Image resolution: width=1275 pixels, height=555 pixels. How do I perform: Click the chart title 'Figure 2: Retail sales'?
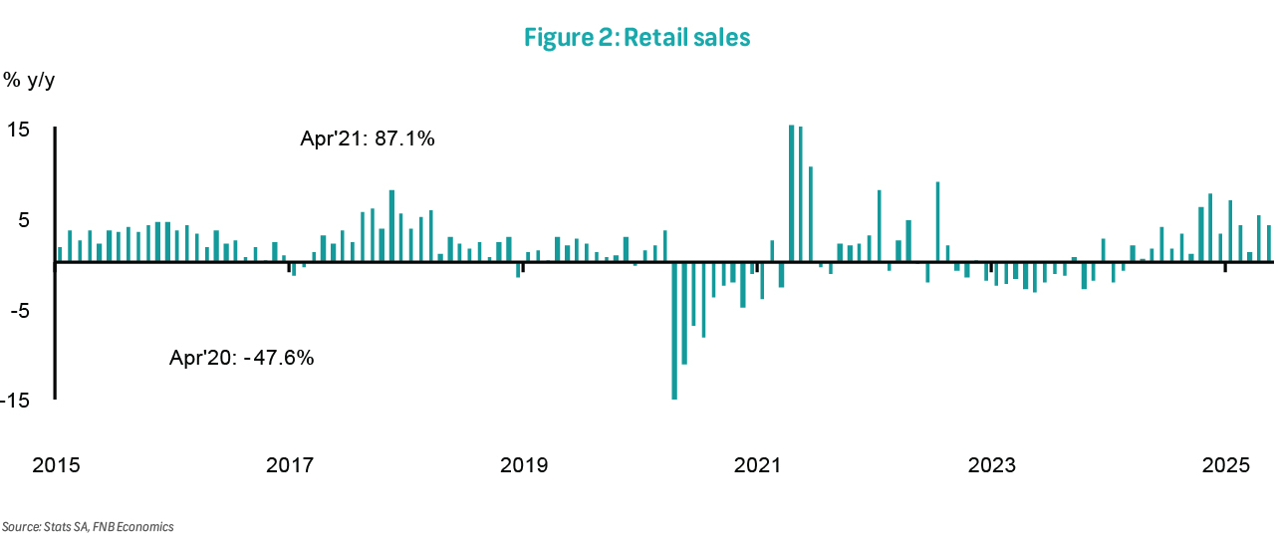637,39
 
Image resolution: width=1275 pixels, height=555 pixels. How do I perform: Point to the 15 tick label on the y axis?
20,131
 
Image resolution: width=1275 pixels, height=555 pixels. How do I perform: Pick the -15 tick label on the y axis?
17,401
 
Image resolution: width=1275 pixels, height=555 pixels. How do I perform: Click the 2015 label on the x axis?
57,465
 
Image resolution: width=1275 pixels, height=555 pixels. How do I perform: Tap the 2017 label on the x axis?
290,465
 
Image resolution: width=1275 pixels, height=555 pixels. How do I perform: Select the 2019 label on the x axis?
524,465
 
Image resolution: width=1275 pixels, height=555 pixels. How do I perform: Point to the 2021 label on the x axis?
757,465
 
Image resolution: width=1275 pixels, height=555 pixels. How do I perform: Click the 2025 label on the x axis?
1225,465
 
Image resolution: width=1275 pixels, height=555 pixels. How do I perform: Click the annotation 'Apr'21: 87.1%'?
368,139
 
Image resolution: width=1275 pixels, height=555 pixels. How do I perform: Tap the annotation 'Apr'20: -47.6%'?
242,357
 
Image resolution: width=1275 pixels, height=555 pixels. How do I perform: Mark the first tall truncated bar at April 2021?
791,193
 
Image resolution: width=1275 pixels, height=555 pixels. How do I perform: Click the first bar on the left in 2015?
60,254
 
